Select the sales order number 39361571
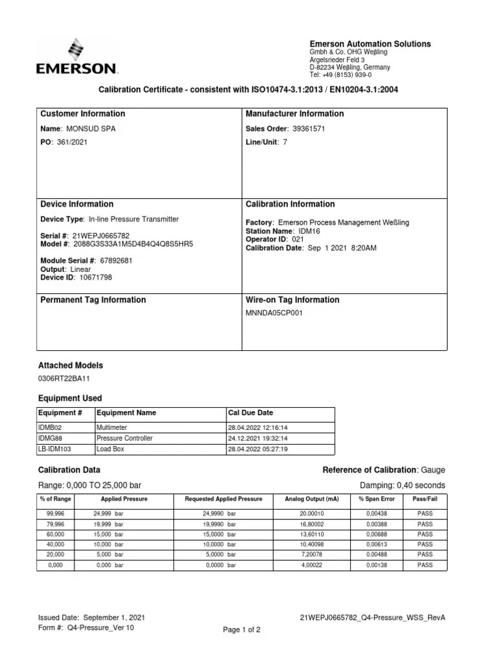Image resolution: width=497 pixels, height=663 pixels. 309,129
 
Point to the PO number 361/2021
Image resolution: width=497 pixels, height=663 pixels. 72,142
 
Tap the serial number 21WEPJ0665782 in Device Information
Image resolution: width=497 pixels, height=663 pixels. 101,236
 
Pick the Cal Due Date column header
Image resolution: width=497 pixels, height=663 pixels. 251,412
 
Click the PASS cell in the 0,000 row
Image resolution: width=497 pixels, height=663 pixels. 425,565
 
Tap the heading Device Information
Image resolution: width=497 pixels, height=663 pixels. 76,204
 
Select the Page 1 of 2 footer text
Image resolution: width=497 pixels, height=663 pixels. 241,629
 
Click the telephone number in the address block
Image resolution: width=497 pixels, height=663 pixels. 349,74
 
